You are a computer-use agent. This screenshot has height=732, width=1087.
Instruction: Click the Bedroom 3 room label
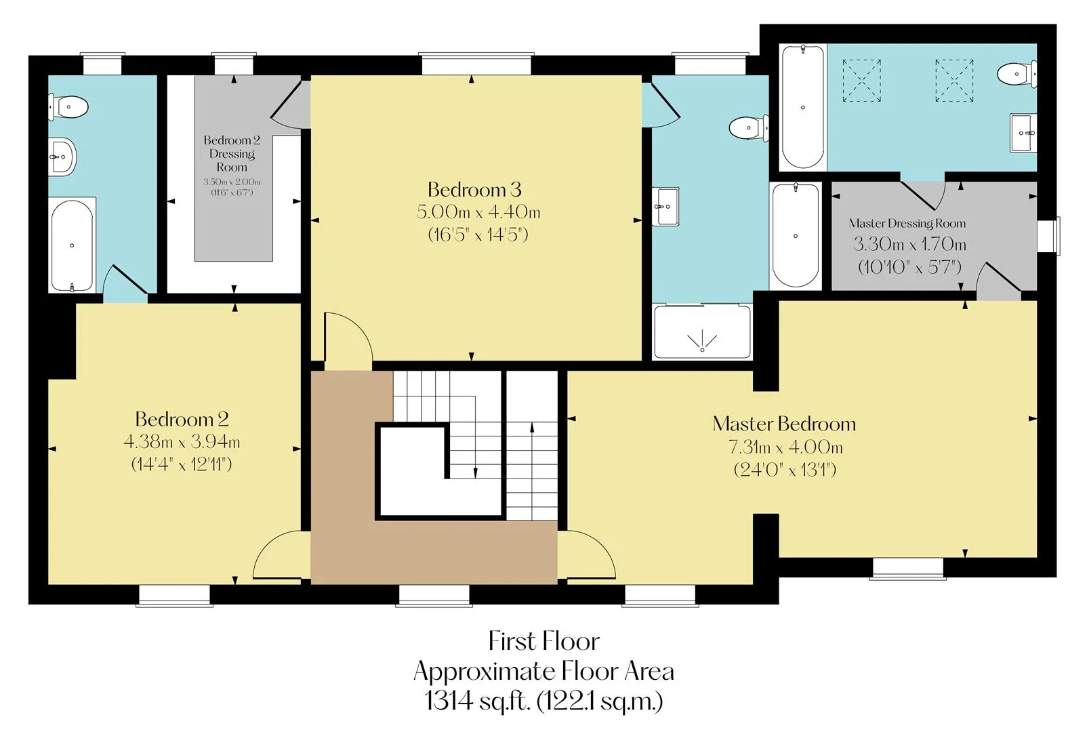point(474,189)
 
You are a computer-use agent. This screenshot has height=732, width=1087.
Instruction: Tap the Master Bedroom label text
point(784,424)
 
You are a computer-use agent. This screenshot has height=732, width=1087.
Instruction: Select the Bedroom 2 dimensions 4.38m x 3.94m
point(182,442)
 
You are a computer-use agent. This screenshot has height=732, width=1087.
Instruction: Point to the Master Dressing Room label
point(907,223)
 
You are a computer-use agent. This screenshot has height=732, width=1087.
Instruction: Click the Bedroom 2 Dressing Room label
point(232,153)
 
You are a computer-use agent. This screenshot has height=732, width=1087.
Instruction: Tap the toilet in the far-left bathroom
point(68,107)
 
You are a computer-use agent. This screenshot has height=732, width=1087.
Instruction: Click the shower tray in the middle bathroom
point(702,331)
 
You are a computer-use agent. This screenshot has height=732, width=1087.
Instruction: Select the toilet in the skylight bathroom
point(1017,74)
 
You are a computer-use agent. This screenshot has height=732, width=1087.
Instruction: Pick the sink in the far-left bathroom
point(62,157)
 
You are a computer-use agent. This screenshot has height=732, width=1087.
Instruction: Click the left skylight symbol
point(861,81)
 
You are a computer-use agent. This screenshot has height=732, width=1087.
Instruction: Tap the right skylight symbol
point(954,81)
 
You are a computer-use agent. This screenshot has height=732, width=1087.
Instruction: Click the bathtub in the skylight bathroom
point(802,107)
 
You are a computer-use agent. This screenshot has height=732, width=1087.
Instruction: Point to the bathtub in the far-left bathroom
point(72,245)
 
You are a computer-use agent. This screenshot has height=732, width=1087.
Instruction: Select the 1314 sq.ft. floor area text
point(543,701)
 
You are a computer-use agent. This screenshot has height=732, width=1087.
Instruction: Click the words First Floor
point(543,640)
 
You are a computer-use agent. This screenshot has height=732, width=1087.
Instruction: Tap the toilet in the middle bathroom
point(749,127)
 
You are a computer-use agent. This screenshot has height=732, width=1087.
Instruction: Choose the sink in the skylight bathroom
point(1023,133)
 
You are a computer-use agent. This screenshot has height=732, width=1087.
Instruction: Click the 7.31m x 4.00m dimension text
point(785,447)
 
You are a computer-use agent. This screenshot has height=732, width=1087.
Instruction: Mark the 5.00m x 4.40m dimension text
point(478,211)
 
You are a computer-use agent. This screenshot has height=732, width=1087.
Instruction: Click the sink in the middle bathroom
point(665,206)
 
